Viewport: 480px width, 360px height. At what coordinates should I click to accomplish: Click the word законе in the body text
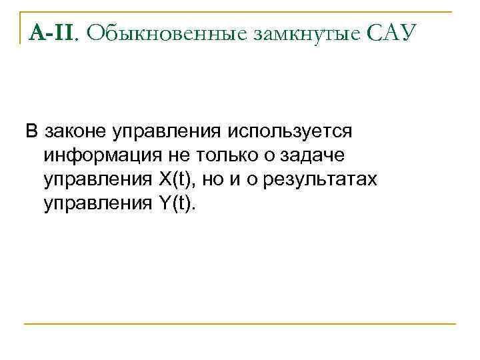77,132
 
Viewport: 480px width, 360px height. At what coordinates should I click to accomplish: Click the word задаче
316,156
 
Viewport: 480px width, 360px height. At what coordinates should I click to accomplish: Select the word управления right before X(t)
97,180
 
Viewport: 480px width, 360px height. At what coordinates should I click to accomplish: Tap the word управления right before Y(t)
97,204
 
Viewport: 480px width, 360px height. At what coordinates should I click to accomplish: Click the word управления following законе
165,132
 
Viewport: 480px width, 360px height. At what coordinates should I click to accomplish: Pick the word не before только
178,156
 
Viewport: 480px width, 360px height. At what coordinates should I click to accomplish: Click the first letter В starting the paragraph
31,132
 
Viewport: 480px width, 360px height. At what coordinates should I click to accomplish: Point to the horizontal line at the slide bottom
240,324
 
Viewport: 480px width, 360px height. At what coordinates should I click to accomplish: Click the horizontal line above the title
240,11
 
